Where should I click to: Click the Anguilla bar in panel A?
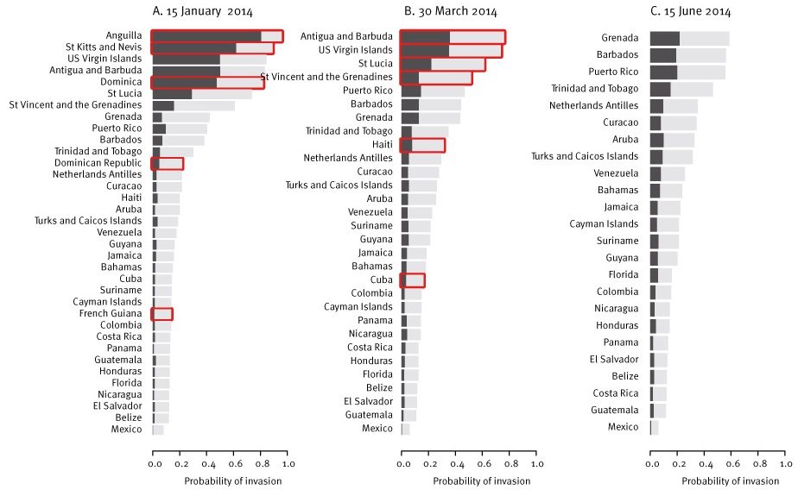pos(217,36)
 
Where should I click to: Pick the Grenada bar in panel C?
pos(689,38)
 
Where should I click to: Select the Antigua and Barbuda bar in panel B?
pos(453,37)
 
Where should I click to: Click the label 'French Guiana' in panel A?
pos(114,314)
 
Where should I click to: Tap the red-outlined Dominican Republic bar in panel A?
pos(168,163)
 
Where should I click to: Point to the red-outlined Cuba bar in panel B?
pos(413,279)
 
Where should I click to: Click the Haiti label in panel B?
pos(383,145)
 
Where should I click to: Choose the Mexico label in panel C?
pos(623,427)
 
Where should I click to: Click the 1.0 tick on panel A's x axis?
pos(288,463)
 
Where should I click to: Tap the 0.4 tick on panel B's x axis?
pos(455,463)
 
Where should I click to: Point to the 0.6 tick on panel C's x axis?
pos(731,463)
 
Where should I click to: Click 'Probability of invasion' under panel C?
pos(717,480)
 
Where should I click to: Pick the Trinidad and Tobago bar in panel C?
pos(681,89)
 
